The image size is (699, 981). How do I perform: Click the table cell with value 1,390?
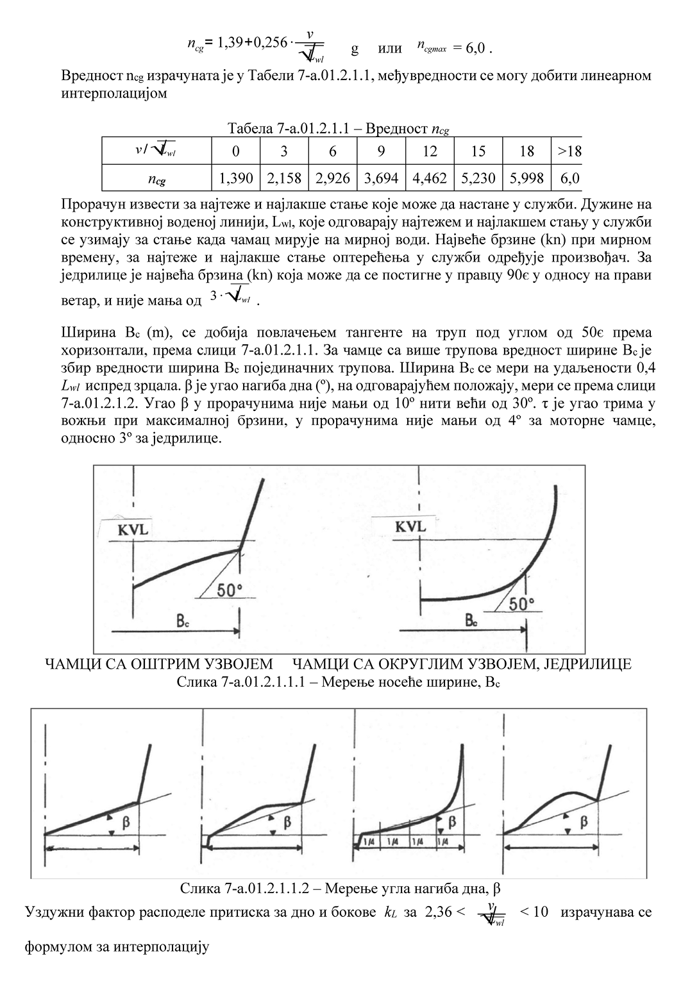tap(235, 178)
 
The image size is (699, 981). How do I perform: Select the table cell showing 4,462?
tap(430, 178)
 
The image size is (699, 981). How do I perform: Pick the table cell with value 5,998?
tap(526, 178)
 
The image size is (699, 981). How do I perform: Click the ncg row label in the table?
tap(156, 179)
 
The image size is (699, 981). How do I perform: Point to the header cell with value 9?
tap(381, 151)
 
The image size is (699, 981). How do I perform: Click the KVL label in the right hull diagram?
tap(410, 526)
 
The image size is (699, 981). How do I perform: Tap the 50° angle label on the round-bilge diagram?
tap(521, 605)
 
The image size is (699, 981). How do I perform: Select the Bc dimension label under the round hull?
tap(471, 621)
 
